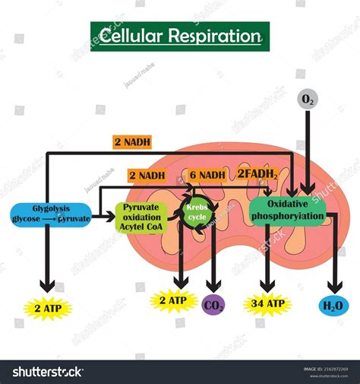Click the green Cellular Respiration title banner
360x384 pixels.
[180, 36]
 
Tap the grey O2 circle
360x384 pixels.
[307, 99]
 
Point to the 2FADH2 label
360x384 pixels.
[257, 174]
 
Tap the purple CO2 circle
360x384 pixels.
[214, 306]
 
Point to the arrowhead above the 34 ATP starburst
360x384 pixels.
[267, 284]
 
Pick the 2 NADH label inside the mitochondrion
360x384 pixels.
[147, 176]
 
